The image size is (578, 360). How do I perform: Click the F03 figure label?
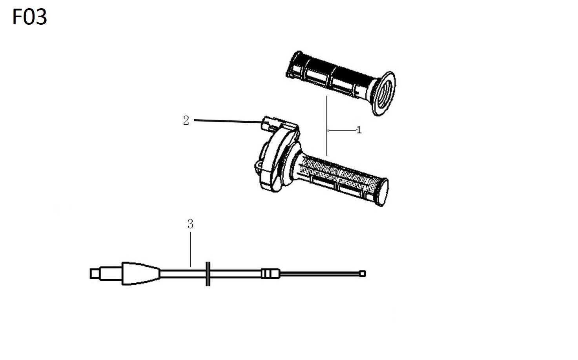[30, 17]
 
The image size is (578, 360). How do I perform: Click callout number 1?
[359, 130]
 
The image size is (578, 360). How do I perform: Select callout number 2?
[186, 120]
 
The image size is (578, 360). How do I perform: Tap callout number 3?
[190, 224]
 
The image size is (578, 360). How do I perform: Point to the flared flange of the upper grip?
[383, 94]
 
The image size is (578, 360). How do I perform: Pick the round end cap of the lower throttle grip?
[383, 192]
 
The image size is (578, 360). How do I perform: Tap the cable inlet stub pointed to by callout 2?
[267, 123]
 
